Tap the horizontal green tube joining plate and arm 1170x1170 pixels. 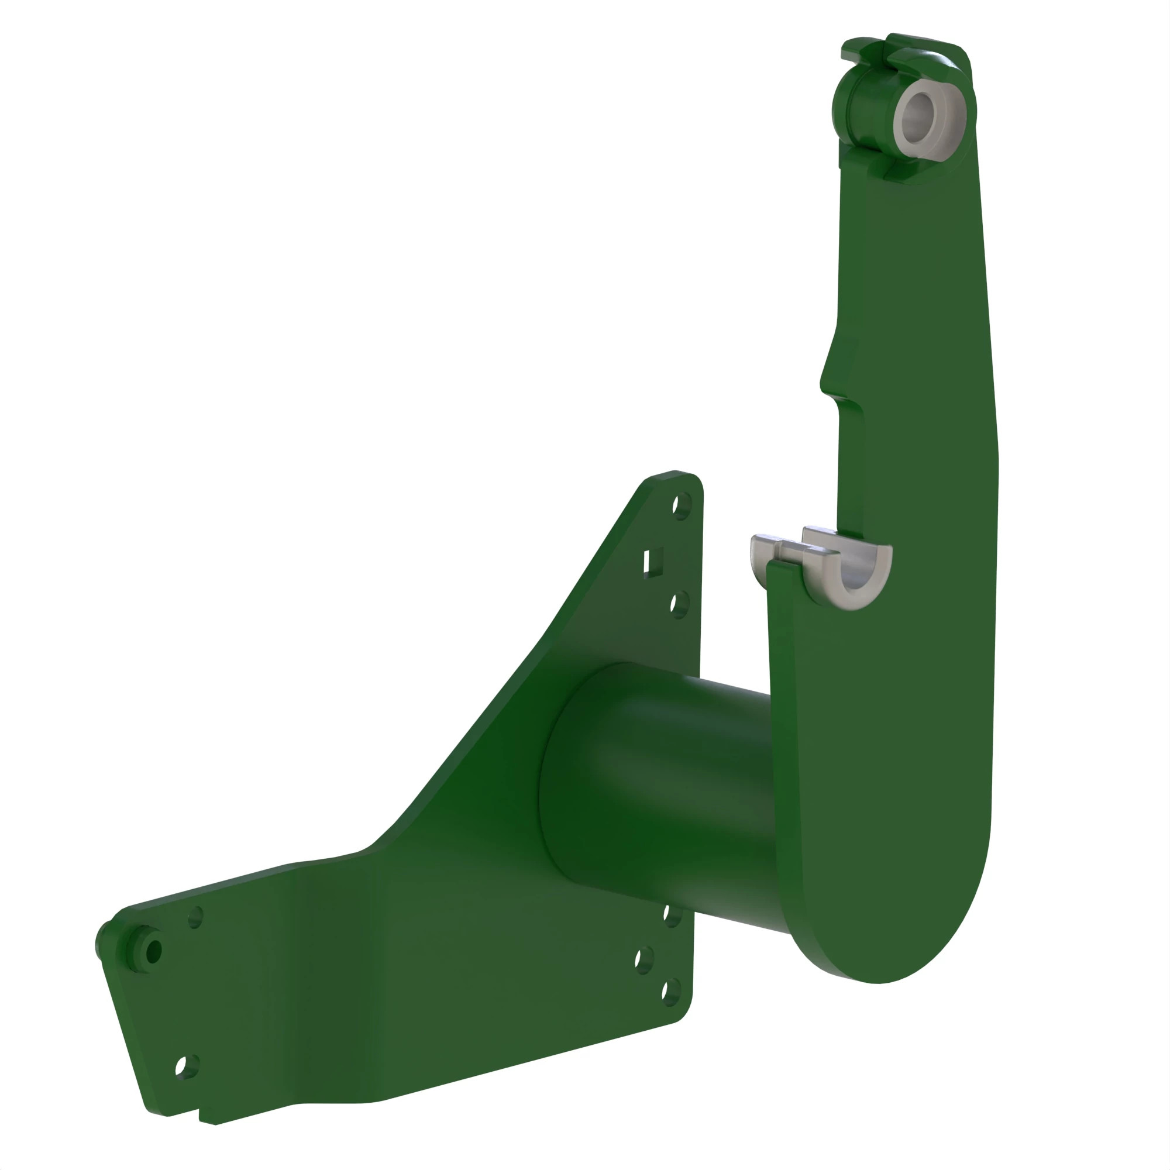(666, 787)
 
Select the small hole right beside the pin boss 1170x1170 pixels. (195, 917)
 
